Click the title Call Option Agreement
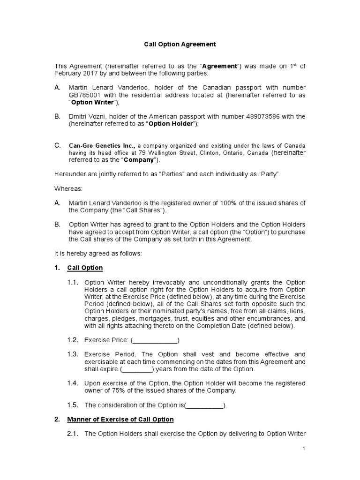click(180, 45)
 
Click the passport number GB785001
click(84, 95)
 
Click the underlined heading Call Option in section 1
click(85, 268)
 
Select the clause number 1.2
click(72, 340)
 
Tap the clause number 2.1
click(72, 434)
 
